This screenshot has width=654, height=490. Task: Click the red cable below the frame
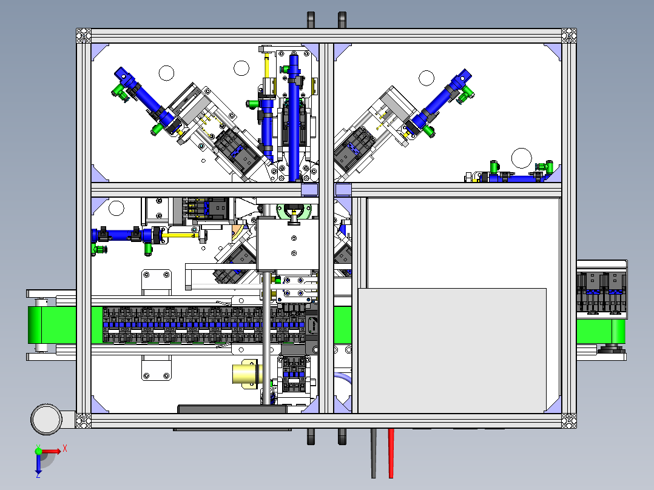pyautogui.click(x=391, y=453)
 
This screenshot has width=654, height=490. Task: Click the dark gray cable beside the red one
pyautogui.click(x=374, y=453)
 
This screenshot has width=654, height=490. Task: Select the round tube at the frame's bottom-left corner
pyautogui.click(x=47, y=419)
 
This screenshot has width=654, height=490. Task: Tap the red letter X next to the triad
pyautogui.click(x=65, y=449)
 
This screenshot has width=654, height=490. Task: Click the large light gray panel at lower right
pyautogui.click(x=452, y=351)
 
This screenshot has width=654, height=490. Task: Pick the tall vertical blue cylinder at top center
pyautogui.click(x=294, y=118)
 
